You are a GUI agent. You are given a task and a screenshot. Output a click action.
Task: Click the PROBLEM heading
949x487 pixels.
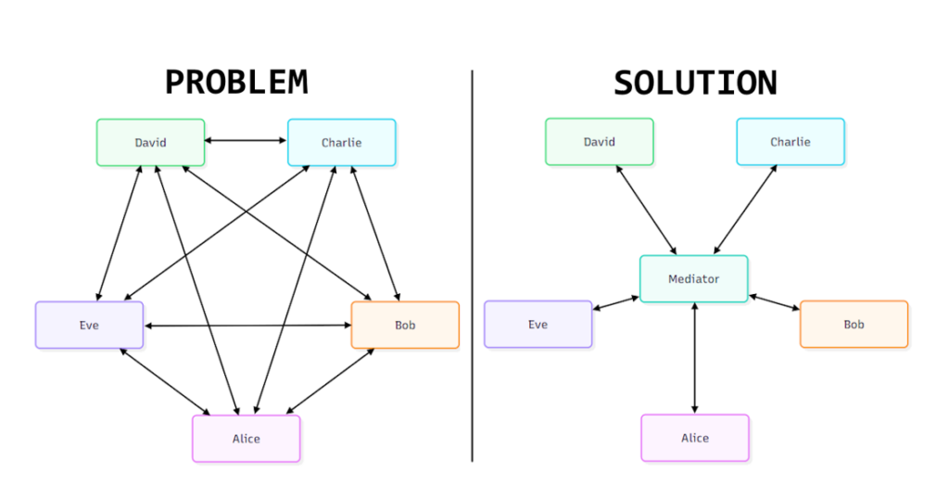236,83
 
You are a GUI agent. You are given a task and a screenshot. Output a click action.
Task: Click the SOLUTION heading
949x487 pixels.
695,83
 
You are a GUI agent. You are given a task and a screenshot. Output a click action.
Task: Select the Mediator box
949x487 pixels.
693,278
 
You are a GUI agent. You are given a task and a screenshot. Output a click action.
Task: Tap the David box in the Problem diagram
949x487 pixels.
150,142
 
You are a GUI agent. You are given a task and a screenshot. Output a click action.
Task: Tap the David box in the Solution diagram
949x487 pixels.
599,141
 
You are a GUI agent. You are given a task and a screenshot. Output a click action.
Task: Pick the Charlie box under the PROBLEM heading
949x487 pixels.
341,142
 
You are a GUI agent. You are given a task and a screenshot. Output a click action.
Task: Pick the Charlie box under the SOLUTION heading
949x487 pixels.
790,141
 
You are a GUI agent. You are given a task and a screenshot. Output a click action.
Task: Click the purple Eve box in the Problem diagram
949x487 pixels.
89,325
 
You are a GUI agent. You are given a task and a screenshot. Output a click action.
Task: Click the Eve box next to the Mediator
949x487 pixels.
538,324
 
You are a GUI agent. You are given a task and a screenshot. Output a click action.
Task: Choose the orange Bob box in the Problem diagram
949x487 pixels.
405,325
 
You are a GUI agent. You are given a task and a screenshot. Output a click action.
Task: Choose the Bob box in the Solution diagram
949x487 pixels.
854,324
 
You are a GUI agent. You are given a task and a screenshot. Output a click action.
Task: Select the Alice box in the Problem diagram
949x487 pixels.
246,438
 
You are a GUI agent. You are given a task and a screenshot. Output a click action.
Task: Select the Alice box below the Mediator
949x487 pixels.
694,437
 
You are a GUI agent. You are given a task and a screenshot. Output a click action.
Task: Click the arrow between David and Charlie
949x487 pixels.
246,141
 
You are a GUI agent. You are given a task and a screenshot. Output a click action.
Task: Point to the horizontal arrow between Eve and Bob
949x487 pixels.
247,326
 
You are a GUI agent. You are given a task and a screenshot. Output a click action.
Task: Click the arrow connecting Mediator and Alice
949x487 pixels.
694,358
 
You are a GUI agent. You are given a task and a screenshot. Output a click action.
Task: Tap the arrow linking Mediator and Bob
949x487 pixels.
774,302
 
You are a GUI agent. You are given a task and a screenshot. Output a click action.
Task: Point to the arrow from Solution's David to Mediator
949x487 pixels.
647,210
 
